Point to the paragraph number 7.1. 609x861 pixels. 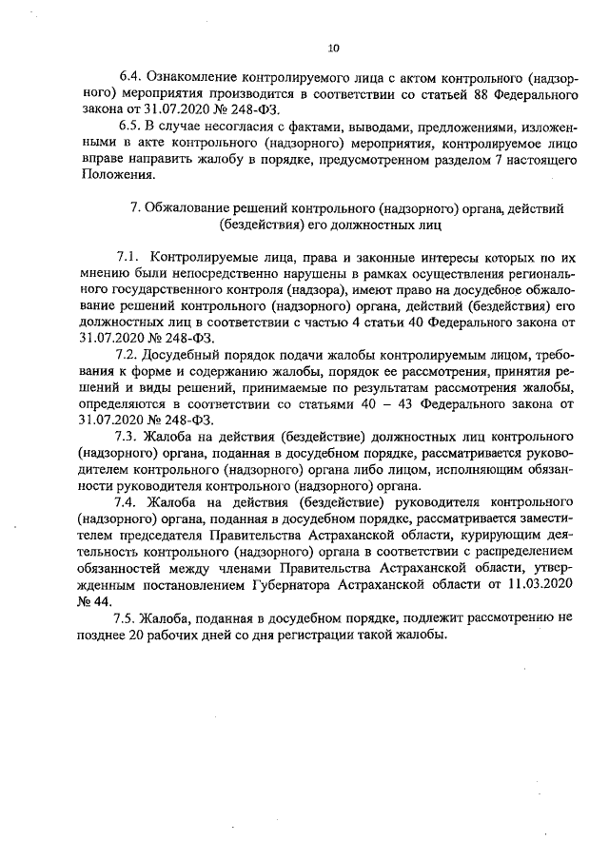click(x=128, y=257)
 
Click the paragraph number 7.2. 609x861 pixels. click(x=126, y=355)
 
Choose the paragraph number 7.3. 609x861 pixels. click(x=127, y=438)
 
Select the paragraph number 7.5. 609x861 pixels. click(x=126, y=618)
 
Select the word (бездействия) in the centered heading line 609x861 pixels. click(x=263, y=225)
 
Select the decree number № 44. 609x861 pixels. click(x=94, y=601)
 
